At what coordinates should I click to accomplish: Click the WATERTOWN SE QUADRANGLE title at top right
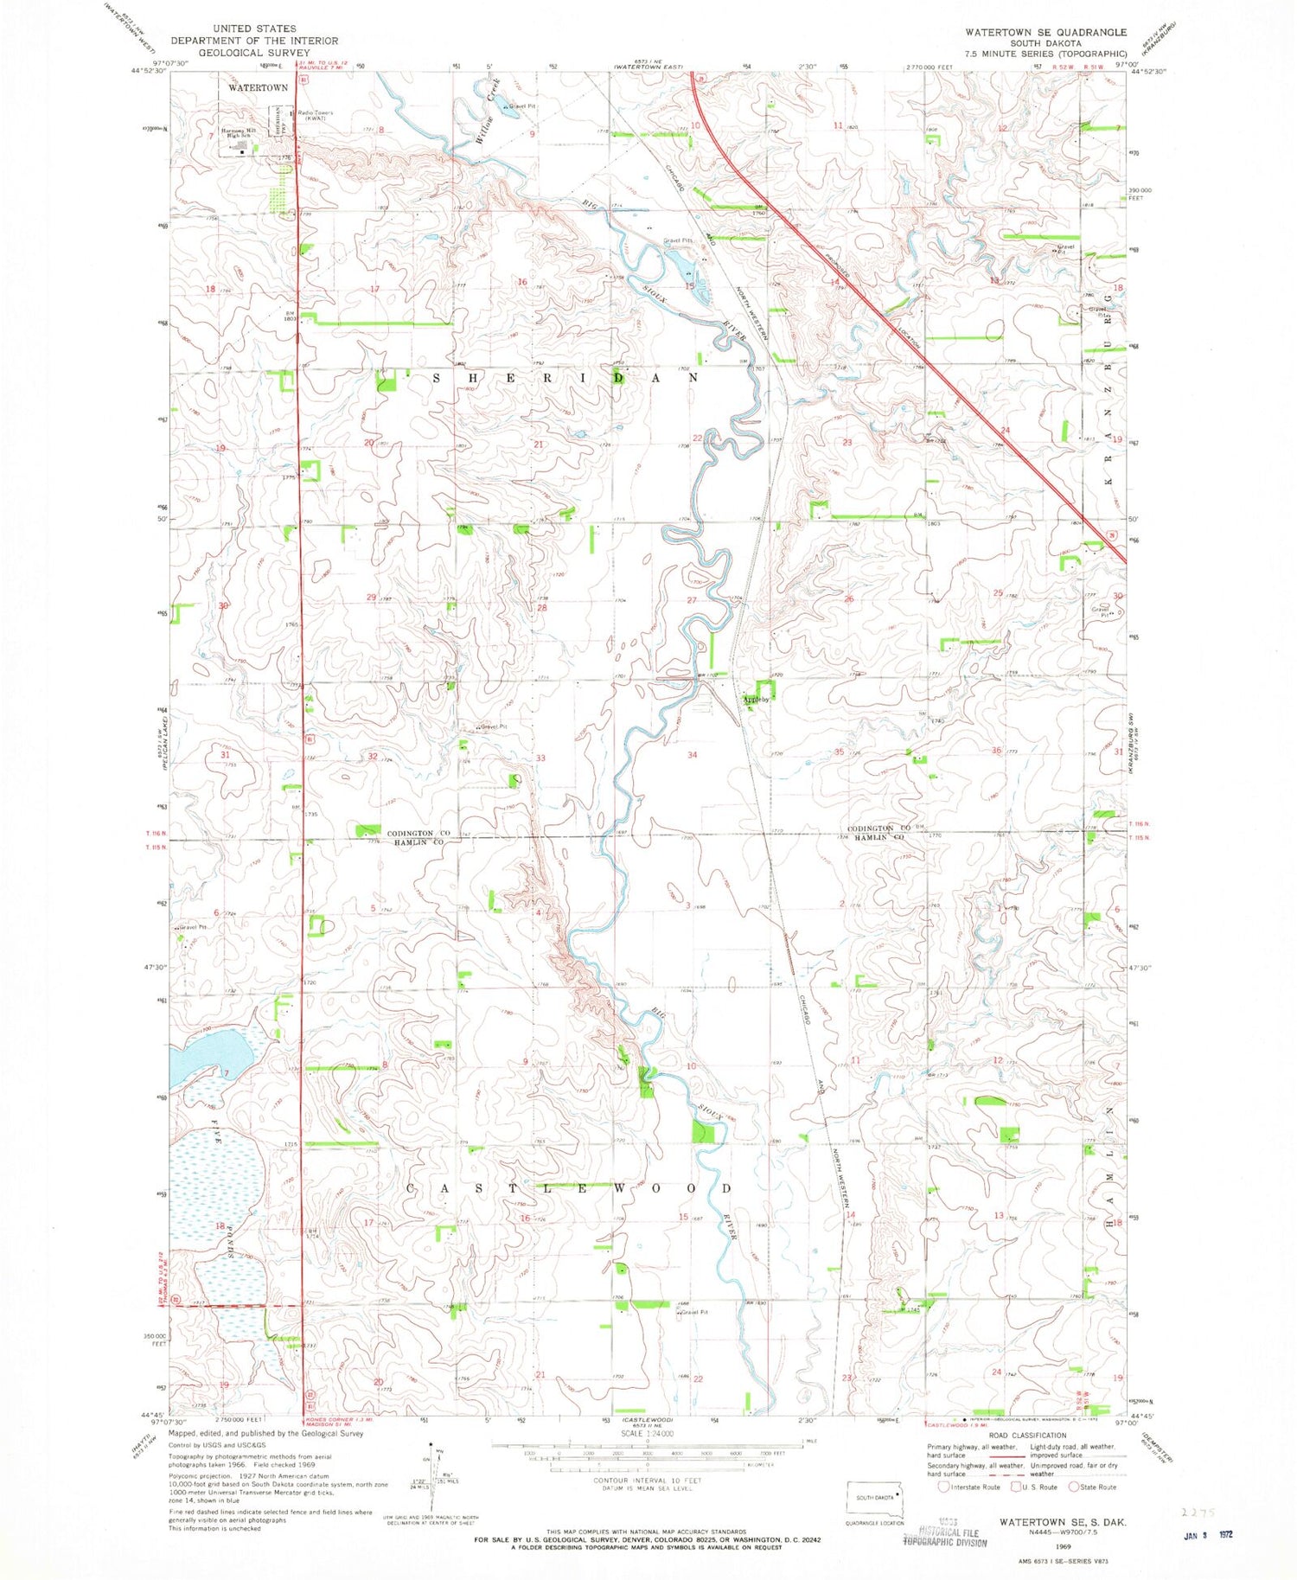1046,32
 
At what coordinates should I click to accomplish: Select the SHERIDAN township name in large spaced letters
566,378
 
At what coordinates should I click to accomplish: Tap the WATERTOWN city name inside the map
258,88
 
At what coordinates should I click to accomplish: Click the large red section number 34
692,755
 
